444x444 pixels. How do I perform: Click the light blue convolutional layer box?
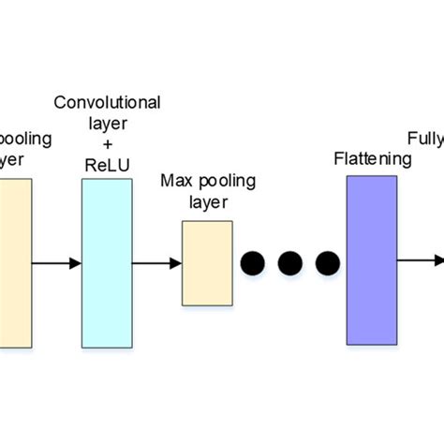107,263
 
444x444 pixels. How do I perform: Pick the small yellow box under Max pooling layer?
207,263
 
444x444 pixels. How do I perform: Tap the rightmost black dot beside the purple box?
327,263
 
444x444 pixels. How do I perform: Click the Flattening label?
373,158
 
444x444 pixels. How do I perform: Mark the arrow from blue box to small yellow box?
156,263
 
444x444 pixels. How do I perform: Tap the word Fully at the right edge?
425,141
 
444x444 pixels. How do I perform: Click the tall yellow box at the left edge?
15,263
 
